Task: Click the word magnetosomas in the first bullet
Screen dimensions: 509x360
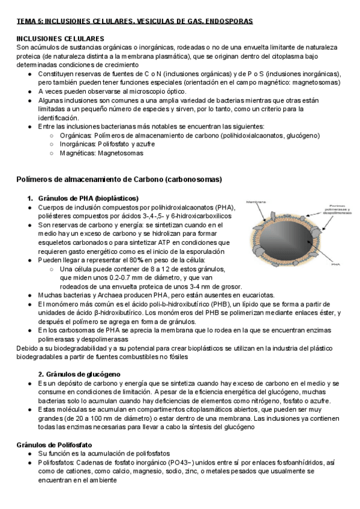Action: pos(317,82)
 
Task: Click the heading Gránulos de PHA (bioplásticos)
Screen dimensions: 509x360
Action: pos(88,198)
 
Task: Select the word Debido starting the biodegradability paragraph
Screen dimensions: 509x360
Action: pos(28,348)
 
